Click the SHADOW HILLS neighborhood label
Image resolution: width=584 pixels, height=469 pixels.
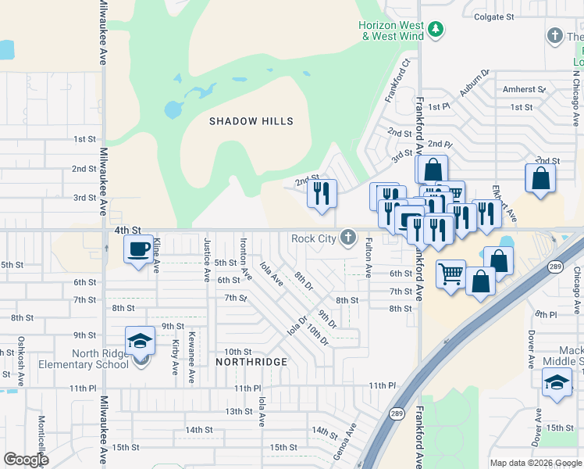pos(251,121)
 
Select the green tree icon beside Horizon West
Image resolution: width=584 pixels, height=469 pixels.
pos(436,30)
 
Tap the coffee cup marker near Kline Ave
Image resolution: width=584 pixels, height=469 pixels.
pos(139,250)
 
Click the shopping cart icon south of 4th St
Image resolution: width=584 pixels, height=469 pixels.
pos(450,274)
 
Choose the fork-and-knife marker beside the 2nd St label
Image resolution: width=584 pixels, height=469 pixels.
pos(322,193)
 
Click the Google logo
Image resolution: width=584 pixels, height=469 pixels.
pos(26,460)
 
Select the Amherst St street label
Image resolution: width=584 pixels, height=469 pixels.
pos(523,90)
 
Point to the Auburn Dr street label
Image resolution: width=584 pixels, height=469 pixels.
pos(473,83)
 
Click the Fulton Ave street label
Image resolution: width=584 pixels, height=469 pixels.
pos(368,259)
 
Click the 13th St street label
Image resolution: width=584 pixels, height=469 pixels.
pos(239,411)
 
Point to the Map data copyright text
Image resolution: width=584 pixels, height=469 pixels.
pos(536,463)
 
